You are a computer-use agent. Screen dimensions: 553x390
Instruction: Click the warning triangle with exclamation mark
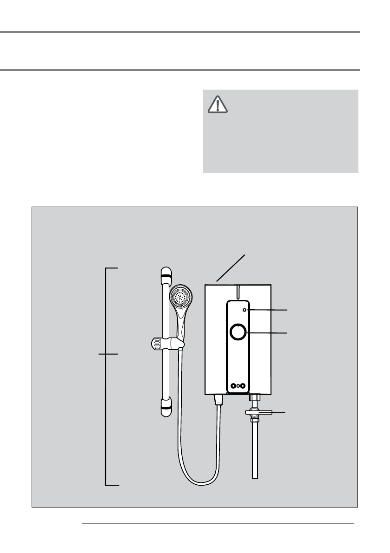[x=218, y=105]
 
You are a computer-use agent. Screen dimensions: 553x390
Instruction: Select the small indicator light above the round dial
[x=245, y=309]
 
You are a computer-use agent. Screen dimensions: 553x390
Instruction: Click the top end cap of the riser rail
[x=165, y=275]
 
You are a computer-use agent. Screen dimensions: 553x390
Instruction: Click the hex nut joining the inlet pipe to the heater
[x=254, y=398]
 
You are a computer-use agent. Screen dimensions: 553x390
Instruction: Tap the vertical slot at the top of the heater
[x=238, y=291]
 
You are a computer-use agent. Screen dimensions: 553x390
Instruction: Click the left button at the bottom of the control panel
[x=232, y=385]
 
